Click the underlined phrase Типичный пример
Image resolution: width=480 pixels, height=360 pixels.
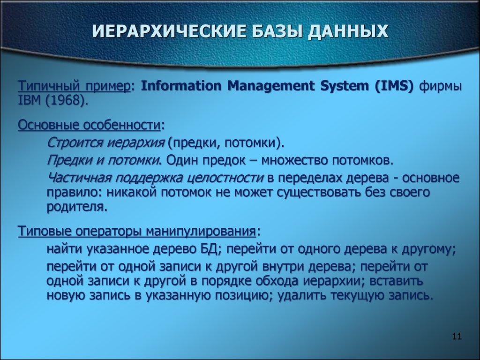pos(74,87)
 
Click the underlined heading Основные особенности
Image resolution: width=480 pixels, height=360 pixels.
pos(89,125)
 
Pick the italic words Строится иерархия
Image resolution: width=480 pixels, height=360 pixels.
pos(106,142)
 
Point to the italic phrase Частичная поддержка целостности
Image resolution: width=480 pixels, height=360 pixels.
pos(155,178)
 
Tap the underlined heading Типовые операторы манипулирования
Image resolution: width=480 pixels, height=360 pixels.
pos(137,231)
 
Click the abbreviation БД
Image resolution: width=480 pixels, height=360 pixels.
pos(209,249)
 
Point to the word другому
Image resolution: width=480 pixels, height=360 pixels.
pos(426,249)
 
